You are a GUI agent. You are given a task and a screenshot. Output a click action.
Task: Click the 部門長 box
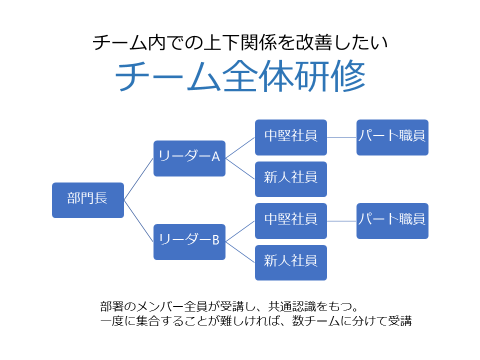(x=88, y=200)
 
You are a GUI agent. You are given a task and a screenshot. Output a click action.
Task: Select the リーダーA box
(x=189, y=158)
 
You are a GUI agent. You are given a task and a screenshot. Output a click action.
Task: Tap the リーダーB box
(x=189, y=242)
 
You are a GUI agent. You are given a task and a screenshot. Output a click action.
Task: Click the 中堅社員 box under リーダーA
(x=291, y=137)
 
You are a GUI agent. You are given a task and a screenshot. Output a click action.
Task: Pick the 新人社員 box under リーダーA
(x=291, y=179)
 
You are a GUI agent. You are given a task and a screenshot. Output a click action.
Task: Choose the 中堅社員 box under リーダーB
(x=291, y=221)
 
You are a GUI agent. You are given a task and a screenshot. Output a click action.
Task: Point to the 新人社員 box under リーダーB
(x=291, y=262)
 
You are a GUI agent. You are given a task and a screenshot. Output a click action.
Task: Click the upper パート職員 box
(x=392, y=137)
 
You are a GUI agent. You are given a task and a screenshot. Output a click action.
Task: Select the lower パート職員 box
(x=392, y=221)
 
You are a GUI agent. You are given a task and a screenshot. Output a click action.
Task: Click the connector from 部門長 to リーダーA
(x=138, y=179)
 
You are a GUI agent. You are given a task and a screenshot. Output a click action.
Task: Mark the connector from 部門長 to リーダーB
(x=138, y=221)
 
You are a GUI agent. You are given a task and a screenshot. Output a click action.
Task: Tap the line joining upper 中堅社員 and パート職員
(x=341, y=137)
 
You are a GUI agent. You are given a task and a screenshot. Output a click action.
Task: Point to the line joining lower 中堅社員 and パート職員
(x=341, y=221)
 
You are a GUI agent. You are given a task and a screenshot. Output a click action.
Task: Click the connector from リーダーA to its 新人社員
(x=240, y=168)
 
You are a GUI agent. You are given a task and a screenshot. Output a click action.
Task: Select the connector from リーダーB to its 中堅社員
(x=240, y=231)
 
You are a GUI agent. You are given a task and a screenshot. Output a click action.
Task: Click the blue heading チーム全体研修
(x=240, y=76)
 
